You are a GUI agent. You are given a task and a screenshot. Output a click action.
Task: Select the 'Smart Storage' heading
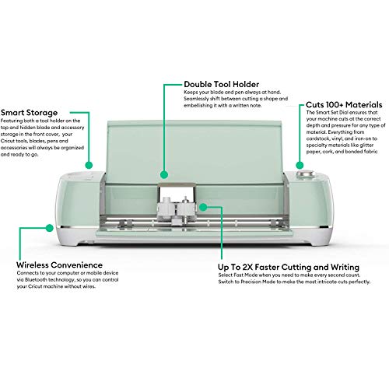pyautogui.click(x=34, y=111)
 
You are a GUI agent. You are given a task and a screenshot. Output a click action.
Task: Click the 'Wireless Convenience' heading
pyautogui.click(x=58, y=264)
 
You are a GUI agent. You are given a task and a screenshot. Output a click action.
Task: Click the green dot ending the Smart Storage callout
pyautogui.click(x=89, y=165)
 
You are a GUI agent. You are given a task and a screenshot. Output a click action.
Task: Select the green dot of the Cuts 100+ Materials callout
pyautogui.click(x=299, y=164)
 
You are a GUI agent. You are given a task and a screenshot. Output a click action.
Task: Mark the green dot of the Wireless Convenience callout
pyautogui.click(x=52, y=226)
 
